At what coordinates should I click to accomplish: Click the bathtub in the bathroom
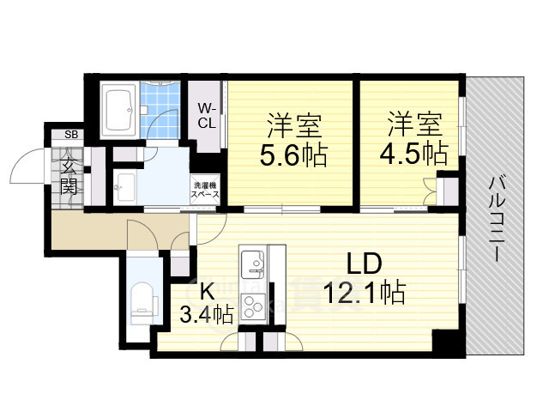tap(120, 111)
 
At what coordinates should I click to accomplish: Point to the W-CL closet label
tap(207, 116)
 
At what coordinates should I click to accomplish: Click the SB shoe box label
tap(71, 135)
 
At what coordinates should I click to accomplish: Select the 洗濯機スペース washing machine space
tap(205, 190)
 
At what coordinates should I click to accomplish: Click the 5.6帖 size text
tap(293, 154)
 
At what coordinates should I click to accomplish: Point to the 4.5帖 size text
tap(413, 153)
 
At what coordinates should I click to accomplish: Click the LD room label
tap(364, 264)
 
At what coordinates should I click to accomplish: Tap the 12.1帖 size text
tap(365, 292)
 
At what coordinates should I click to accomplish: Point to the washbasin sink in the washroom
tap(125, 187)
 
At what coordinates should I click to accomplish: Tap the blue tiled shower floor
tap(160, 110)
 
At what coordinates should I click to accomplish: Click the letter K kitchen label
tap(207, 291)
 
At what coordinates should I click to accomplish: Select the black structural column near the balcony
tap(449, 342)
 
